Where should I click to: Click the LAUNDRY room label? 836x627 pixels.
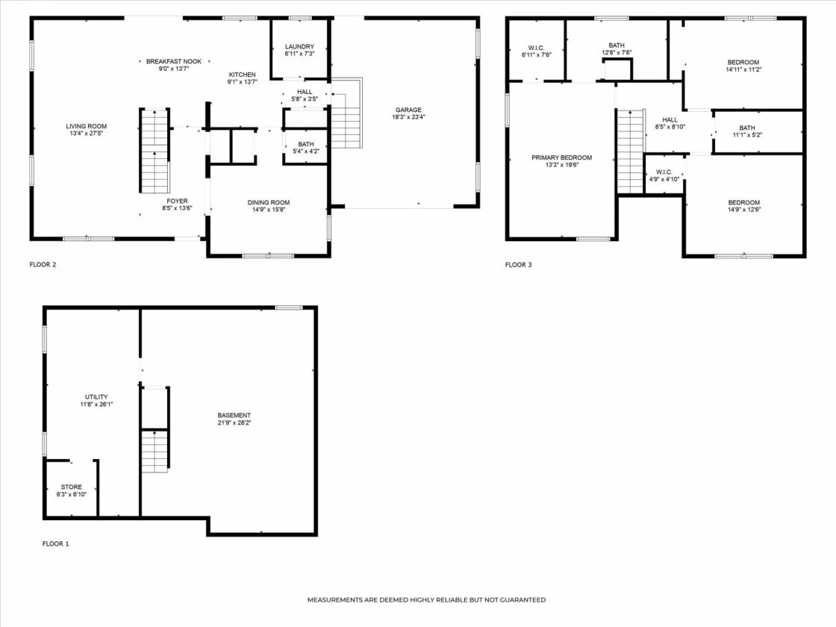299,46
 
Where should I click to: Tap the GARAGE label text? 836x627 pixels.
408,110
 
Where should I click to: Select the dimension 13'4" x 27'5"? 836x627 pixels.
87,134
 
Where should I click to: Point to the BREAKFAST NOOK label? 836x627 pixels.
174,61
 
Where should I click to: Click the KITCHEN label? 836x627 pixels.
242,75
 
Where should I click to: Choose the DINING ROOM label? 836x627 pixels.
269,202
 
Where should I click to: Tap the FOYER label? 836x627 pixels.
177,201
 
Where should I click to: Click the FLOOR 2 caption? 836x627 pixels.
43,264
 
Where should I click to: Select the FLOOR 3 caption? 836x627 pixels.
518,264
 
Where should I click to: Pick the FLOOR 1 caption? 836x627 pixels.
55,544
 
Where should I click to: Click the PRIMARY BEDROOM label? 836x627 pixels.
561,157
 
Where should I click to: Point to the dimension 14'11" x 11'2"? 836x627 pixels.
743,69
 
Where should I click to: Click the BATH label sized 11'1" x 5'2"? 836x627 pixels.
747,128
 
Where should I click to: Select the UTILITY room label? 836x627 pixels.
96,396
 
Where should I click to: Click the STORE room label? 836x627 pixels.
72,487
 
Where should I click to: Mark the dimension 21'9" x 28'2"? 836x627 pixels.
234,422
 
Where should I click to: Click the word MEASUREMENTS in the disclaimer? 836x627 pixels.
335,600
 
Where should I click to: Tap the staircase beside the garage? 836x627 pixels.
346,113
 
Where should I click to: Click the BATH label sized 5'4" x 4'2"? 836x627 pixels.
306,145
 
